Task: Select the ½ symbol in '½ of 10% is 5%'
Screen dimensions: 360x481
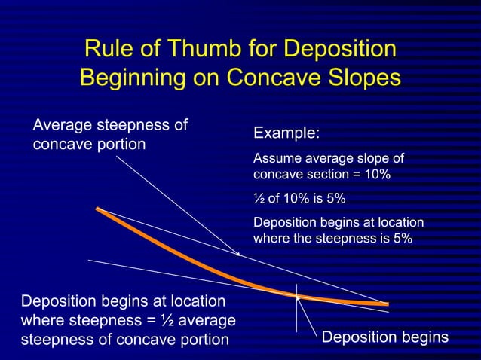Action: tap(259, 200)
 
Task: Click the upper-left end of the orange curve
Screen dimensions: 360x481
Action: tap(98, 209)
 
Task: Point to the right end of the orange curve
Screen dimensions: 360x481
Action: tap(387, 304)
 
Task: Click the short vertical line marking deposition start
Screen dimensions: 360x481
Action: tap(298, 309)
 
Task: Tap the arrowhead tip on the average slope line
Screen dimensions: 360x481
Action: tap(238, 255)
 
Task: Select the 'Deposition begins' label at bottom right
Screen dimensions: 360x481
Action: tap(384, 337)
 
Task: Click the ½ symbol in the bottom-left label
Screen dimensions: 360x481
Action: tap(167, 321)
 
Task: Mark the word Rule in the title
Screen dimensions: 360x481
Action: tap(109, 50)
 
